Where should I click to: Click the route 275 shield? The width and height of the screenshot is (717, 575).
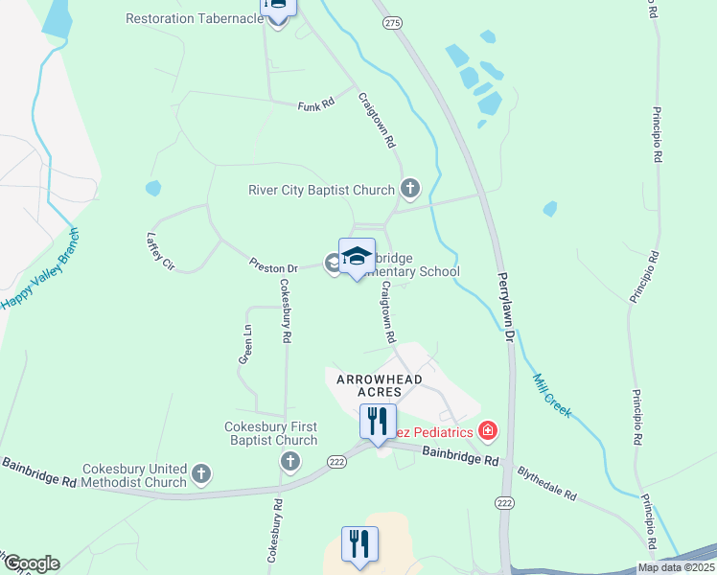[x=391, y=21]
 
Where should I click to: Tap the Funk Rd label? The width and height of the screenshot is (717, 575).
[x=315, y=104]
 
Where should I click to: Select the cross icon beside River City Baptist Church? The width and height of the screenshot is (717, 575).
[x=410, y=188]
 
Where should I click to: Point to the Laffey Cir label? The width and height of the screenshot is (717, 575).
[x=160, y=250]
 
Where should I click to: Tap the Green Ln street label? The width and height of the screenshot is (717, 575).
[x=245, y=344]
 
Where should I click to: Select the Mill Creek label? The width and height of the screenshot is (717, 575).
[x=551, y=395]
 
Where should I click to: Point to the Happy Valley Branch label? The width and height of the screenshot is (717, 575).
[x=39, y=268]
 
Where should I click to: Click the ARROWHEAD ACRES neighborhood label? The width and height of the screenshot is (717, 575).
[x=380, y=385]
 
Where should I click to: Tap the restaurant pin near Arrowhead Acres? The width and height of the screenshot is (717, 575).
[x=378, y=421]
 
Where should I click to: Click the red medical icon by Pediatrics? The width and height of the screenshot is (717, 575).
[x=488, y=431]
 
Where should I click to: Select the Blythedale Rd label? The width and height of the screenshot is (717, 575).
[x=546, y=484]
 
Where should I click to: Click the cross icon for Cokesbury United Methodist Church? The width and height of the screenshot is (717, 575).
[x=201, y=472]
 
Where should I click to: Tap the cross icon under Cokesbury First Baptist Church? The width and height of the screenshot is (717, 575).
[x=289, y=463]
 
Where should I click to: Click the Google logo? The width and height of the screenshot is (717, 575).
[x=31, y=563]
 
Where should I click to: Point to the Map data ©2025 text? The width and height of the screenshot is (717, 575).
[x=675, y=567]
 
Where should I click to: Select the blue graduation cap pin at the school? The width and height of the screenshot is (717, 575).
[x=357, y=256]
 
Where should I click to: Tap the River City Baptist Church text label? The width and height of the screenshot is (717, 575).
[x=321, y=190]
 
